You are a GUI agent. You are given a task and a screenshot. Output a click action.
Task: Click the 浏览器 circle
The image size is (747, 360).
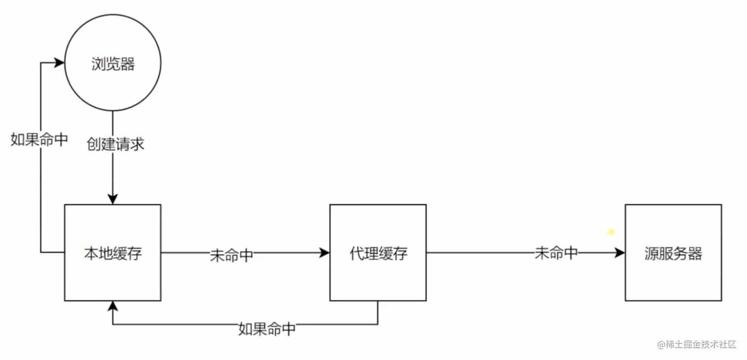coord(113,63)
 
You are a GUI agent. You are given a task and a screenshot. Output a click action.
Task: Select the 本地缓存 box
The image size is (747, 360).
coord(113,253)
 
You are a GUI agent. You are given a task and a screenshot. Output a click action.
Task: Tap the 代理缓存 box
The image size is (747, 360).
coord(378,253)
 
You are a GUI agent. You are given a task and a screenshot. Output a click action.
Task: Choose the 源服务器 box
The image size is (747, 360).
coord(673,253)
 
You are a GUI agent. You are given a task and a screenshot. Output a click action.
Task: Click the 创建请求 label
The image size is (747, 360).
coord(115,144)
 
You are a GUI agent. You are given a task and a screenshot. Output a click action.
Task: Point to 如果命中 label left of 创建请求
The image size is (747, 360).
coord(39,140)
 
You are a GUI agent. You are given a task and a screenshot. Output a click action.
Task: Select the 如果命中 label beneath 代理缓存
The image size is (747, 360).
coord(267,329)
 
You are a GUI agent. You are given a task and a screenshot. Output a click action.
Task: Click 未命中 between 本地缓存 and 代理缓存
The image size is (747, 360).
coord(232,255)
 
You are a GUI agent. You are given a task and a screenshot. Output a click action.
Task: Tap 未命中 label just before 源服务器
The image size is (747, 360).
coord(556,253)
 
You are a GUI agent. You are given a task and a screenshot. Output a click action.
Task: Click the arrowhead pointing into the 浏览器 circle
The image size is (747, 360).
coord(60,63)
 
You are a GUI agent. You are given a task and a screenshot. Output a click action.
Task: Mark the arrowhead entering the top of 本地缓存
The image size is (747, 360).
coord(113,199)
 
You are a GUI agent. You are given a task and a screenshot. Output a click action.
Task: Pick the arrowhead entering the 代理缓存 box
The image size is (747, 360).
coord(325,253)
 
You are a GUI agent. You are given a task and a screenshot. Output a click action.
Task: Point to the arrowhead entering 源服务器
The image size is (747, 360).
coord(620,253)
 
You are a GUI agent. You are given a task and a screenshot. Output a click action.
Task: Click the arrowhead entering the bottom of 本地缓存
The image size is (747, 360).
coord(113,306)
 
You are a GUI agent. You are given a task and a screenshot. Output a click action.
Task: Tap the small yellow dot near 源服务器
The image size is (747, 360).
coord(611,232)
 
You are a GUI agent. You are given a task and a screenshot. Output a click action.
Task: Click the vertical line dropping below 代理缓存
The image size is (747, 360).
coord(378,313)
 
